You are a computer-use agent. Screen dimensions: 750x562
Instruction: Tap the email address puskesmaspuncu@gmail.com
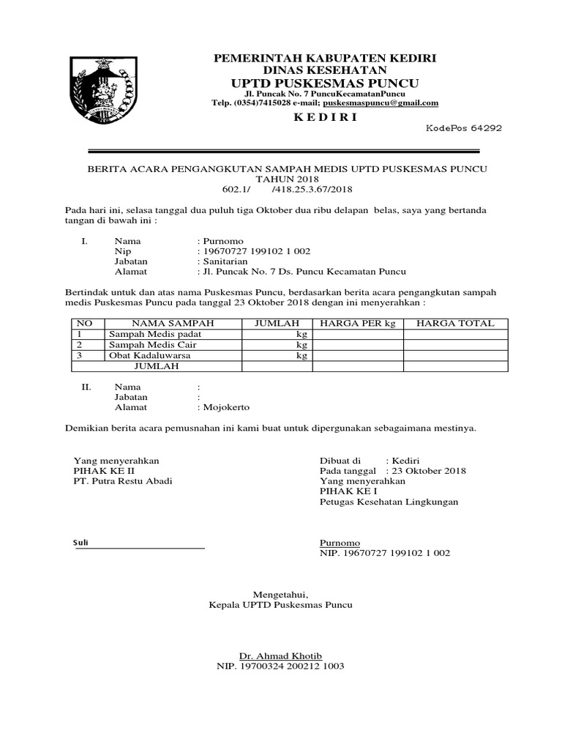pyautogui.click(x=385, y=103)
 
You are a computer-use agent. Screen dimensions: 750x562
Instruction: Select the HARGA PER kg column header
pyautogui.click(x=357, y=323)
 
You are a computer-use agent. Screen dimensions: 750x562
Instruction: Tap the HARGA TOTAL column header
pyautogui.click(x=455, y=323)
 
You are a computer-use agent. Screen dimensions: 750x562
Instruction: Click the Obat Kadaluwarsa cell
pyautogui.click(x=145, y=355)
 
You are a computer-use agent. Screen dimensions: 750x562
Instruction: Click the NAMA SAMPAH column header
pyautogui.click(x=172, y=323)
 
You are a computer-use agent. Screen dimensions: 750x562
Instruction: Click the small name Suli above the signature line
pyautogui.click(x=80, y=543)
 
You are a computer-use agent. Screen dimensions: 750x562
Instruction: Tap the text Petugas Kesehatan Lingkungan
pyautogui.click(x=389, y=502)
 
